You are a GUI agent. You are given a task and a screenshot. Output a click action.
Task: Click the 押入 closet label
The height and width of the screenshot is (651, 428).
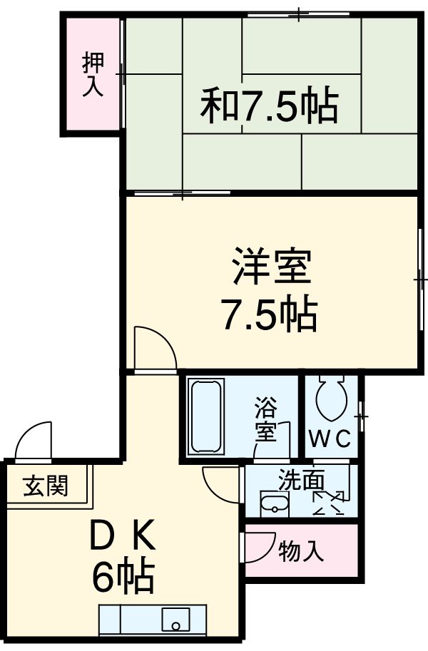93,74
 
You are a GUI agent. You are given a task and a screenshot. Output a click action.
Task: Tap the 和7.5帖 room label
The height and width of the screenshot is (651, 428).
268,106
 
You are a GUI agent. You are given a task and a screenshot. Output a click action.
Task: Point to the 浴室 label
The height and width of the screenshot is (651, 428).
265,421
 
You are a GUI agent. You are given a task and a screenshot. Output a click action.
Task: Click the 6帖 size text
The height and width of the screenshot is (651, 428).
123,577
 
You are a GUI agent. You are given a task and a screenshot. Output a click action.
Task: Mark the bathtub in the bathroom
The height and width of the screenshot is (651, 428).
205,416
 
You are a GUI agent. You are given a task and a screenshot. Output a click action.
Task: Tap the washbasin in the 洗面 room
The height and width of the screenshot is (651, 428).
273,503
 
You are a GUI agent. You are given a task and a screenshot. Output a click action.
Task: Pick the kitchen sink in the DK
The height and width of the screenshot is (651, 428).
175,618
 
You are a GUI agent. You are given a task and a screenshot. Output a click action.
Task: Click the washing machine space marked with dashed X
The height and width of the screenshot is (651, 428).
329,503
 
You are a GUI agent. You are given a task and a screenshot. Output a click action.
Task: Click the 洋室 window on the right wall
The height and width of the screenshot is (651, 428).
421,277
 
